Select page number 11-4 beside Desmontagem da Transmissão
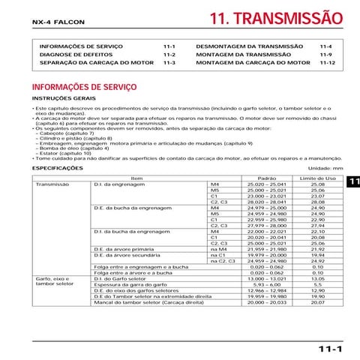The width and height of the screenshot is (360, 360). coord(325,46)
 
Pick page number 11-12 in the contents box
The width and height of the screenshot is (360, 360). coord(326,63)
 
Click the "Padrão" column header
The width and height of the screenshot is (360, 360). coord(256,178)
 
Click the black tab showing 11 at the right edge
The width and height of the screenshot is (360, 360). coord(352,183)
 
